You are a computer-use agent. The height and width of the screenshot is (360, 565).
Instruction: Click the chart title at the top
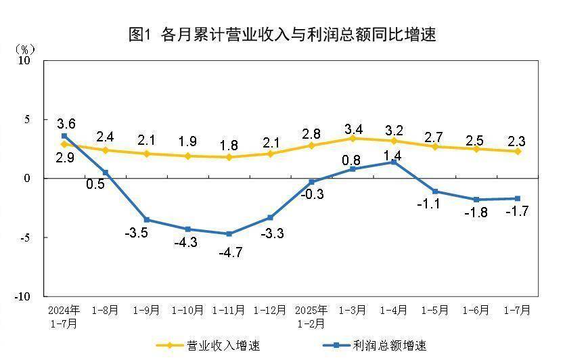point(282,35)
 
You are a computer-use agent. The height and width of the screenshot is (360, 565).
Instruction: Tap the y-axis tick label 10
point(25,60)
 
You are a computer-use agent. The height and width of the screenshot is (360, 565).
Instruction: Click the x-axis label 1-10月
point(187,311)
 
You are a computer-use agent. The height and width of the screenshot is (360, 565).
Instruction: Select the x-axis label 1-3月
point(353,311)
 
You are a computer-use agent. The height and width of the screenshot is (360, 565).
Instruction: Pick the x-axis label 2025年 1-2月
point(311,317)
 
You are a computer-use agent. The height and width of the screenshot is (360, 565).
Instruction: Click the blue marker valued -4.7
point(229,234)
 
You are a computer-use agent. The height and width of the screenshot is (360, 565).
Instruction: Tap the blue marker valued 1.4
point(394,162)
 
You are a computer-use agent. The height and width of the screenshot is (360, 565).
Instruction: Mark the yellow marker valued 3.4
point(353,138)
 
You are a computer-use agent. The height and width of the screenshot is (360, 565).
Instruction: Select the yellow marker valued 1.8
point(229,157)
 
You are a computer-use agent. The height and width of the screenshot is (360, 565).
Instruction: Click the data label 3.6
point(66,124)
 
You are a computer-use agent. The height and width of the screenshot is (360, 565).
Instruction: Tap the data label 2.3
point(517,141)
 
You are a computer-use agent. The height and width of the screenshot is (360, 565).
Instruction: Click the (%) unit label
point(25,49)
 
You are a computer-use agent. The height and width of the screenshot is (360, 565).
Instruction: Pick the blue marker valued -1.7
point(518,198)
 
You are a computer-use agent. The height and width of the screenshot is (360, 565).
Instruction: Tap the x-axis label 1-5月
point(435,311)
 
